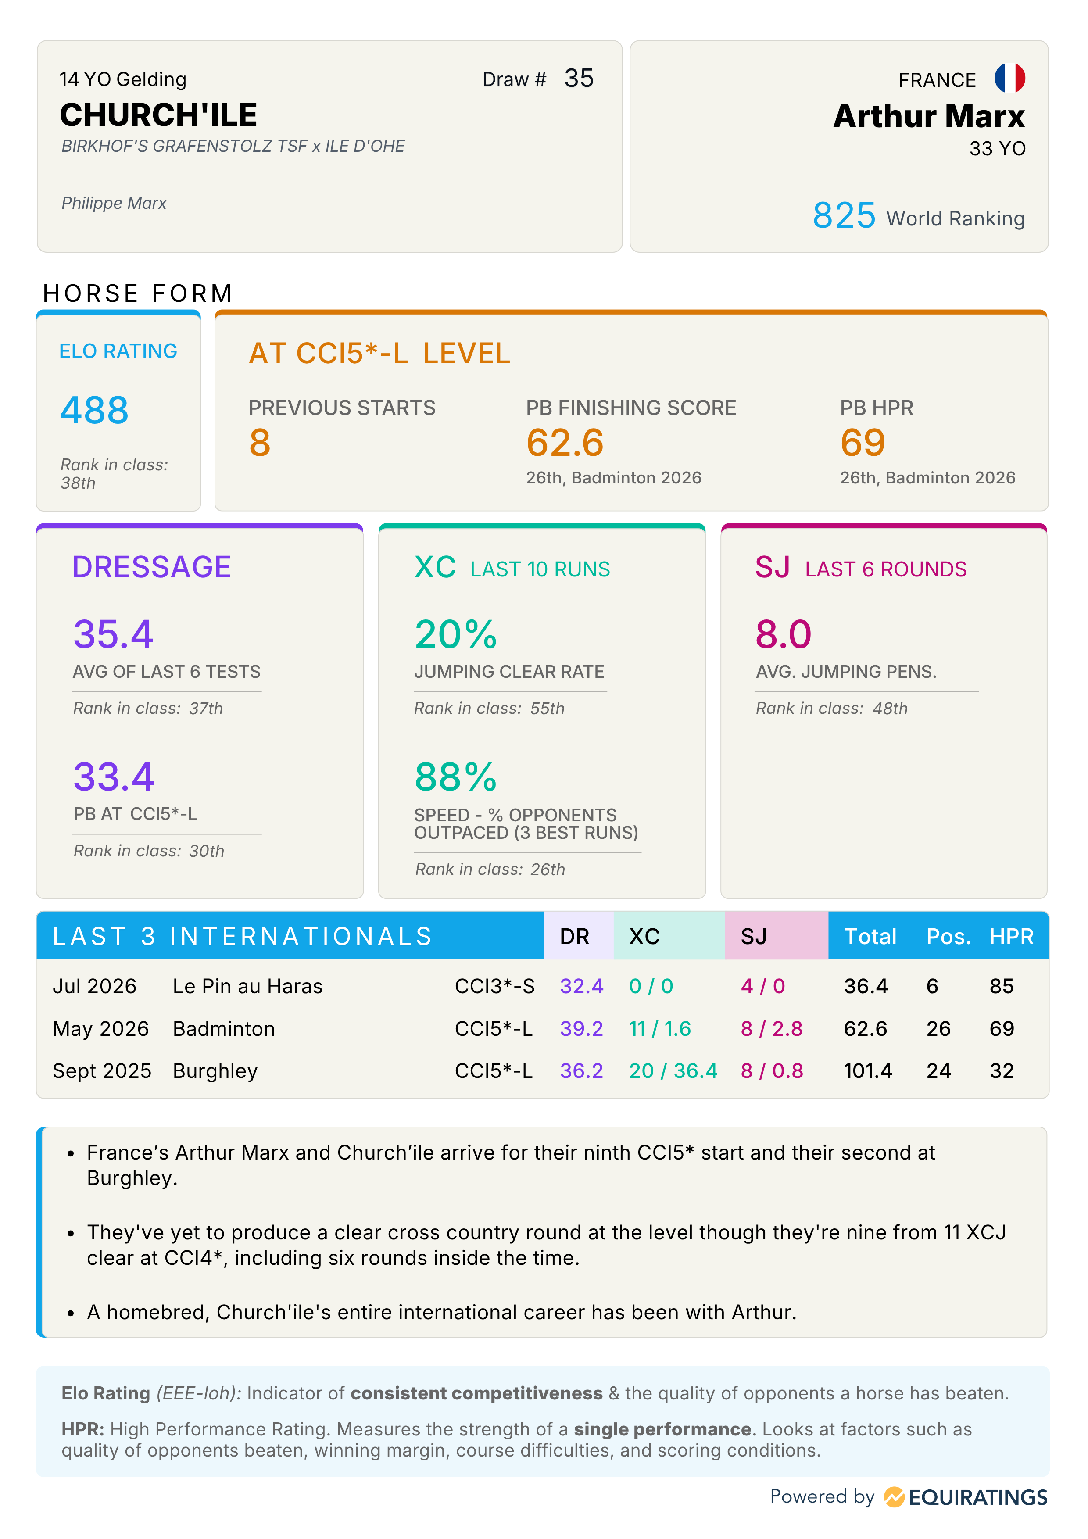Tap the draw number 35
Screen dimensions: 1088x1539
[579, 79]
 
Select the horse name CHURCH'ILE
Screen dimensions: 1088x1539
[159, 115]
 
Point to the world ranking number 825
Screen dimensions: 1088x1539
[844, 216]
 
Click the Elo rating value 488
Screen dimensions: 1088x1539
[94, 410]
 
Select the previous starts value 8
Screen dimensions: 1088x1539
[260, 443]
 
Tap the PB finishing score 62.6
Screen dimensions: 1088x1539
[565, 443]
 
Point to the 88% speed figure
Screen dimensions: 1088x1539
[456, 777]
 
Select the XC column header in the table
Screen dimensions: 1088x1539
[644, 936]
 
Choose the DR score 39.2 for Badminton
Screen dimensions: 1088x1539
[581, 1028]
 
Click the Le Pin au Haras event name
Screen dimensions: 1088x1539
[247, 986]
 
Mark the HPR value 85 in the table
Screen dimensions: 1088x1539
[1002, 986]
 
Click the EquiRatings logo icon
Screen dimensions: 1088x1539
[894, 1497]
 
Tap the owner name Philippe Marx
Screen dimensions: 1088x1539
[114, 203]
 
